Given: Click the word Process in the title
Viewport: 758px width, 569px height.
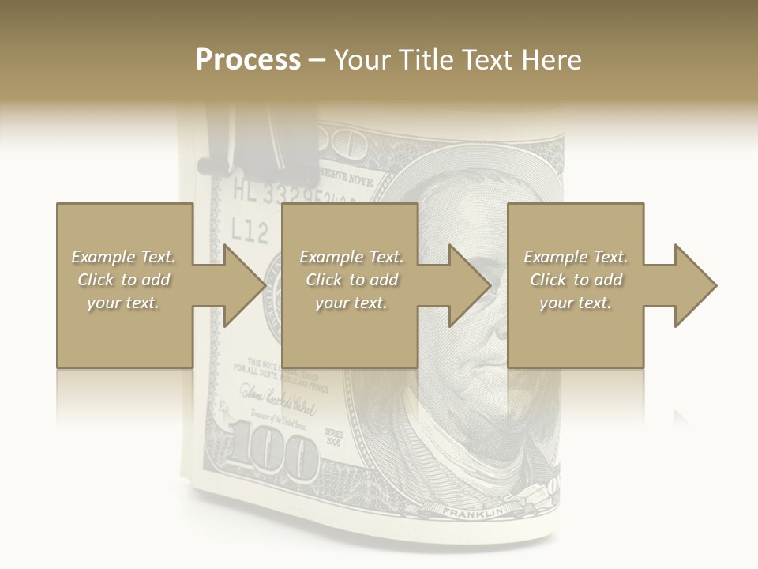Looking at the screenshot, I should coord(248,60).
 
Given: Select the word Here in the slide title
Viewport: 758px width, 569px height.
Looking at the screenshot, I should coord(551,60).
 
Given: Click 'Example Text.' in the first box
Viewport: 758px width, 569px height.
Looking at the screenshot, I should coord(123,257).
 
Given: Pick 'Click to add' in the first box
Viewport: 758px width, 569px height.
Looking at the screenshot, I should coord(123,280).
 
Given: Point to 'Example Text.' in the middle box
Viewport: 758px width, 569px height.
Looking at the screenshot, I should coord(351,257).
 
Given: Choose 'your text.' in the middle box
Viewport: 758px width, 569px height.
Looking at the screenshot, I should coord(351,303).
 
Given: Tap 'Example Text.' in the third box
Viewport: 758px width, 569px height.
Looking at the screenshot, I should coord(576,257).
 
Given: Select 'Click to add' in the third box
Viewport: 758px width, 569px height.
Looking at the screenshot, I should coord(576,280).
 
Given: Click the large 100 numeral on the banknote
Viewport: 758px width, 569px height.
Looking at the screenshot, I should coord(272,452).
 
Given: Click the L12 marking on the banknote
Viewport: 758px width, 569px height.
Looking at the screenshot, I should coord(250,231).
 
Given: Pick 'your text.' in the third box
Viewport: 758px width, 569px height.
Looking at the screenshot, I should coord(575,303).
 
